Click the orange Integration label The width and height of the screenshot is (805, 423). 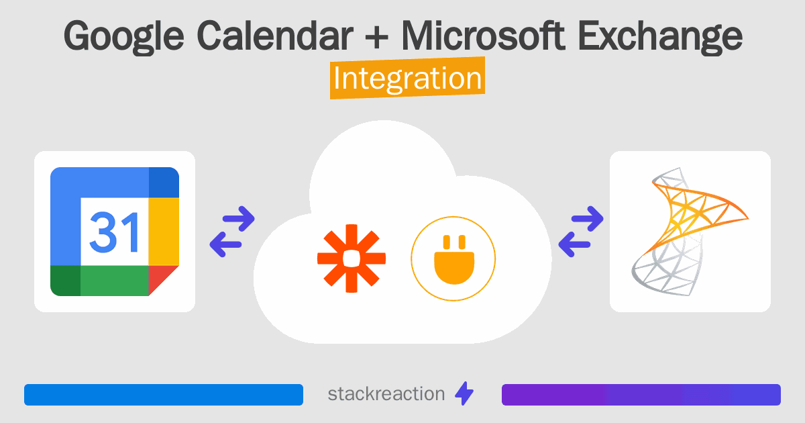click(407, 79)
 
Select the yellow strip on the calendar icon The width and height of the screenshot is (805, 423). click(164, 231)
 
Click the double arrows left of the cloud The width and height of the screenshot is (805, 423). click(232, 232)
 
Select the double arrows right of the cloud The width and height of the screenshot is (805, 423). click(581, 232)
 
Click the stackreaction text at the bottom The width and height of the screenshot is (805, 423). click(386, 394)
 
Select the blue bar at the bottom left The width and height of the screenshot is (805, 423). click(164, 395)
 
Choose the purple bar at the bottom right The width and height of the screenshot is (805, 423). click(641, 395)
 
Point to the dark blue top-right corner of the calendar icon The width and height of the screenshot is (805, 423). click(164, 181)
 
